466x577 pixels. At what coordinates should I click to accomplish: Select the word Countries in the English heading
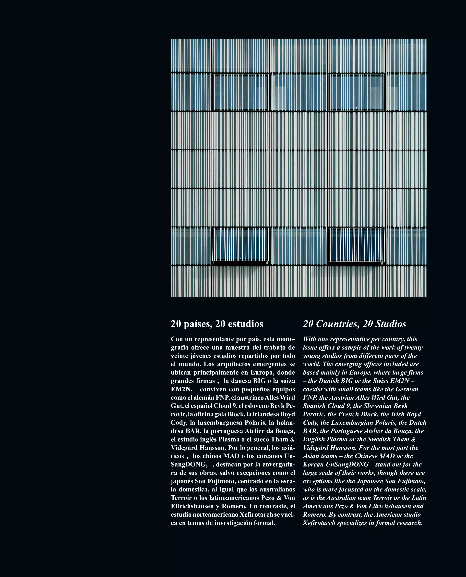(x=338, y=324)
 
